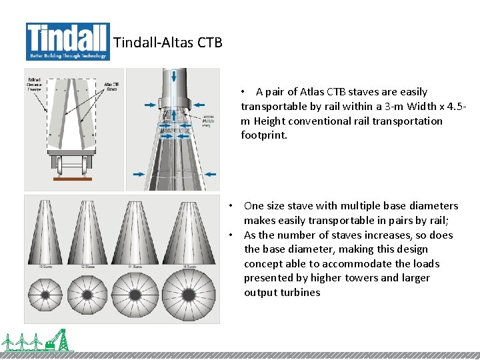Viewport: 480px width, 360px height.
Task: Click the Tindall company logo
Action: [67, 41]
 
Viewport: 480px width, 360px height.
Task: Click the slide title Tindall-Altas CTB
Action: [167, 43]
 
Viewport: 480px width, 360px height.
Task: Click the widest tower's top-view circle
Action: [189, 295]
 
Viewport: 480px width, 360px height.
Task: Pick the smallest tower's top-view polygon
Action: [46, 295]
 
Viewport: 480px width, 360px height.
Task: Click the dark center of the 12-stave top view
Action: [88, 295]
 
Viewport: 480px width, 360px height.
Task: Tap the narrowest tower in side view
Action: [46, 230]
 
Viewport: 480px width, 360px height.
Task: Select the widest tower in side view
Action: [189, 230]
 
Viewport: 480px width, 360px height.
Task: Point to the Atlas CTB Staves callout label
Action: [111, 86]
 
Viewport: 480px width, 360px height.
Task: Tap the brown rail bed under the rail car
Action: [73, 179]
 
